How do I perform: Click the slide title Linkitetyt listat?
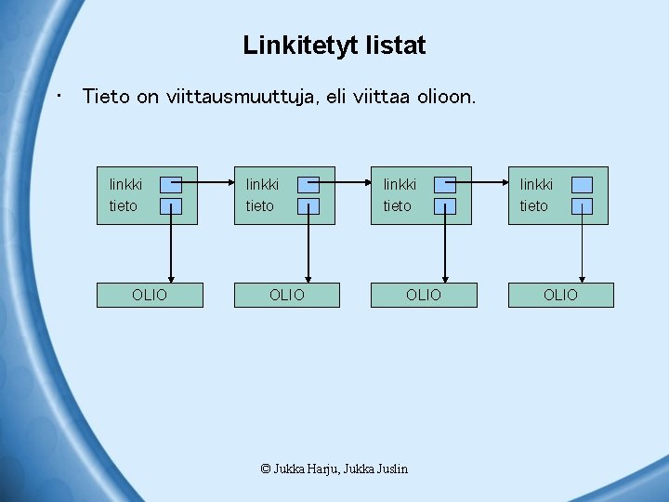(x=334, y=45)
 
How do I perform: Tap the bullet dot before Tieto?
(x=59, y=94)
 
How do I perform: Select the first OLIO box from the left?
(x=150, y=295)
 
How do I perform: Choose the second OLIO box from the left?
(x=286, y=295)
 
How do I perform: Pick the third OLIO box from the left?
(x=424, y=295)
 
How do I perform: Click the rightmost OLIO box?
(x=560, y=295)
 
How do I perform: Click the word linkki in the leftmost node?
(x=126, y=185)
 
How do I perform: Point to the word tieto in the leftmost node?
(x=124, y=205)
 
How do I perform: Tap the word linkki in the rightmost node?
(x=536, y=185)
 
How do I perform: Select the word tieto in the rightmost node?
(x=534, y=205)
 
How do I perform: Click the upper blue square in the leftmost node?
(x=171, y=184)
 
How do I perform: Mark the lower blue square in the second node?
(x=308, y=206)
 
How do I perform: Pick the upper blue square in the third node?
(x=445, y=184)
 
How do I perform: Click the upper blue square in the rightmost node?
(x=582, y=184)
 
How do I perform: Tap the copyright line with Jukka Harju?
(x=334, y=469)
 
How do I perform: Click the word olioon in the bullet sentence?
(x=440, y=96)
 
